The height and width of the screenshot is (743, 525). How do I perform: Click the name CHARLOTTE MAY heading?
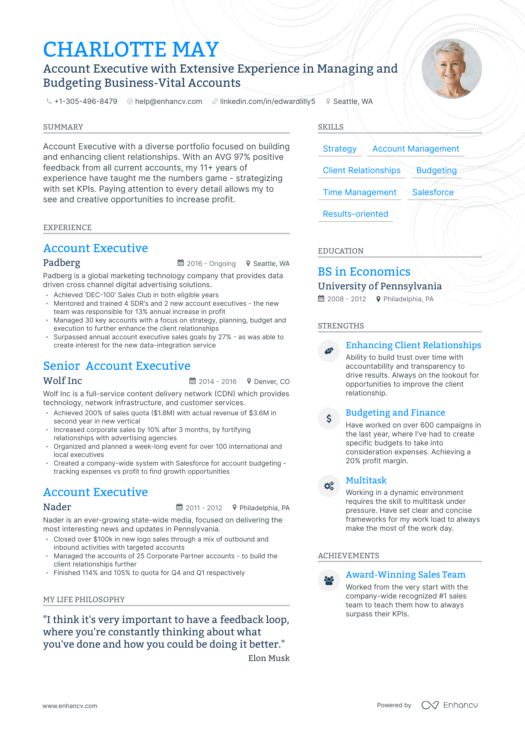[131, 50]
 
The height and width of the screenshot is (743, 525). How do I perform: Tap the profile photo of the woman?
[451, 69]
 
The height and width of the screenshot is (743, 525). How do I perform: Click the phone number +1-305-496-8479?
[85, 101]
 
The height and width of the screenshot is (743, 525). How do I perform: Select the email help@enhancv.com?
[168, 101]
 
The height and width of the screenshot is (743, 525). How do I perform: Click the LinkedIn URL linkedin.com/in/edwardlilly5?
[267, 101]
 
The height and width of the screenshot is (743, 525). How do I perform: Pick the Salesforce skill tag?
[433, 192]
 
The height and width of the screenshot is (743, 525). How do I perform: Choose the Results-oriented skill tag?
[355, 214]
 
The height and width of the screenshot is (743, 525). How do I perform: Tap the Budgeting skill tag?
[436, 170]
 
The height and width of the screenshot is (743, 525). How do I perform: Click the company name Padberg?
[61, 263]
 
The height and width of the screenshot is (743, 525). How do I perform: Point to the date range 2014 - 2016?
[217, 381]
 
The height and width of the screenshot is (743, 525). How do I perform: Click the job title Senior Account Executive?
[117, 366]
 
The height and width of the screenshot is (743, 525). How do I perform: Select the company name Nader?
[57, 507]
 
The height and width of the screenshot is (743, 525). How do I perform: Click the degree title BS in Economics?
[364, 272]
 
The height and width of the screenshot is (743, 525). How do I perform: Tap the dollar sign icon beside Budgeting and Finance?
[329, 419]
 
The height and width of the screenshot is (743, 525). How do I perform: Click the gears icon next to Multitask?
[329, 486]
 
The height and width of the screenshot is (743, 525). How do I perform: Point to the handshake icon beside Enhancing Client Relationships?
[329, 351]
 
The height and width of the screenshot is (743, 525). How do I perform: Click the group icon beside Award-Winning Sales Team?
[329, 580]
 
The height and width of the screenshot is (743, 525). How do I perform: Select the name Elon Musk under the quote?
[268, 658]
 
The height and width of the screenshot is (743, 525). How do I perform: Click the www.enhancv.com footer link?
[70, 706]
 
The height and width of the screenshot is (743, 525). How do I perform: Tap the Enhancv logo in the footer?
[449, 705]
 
